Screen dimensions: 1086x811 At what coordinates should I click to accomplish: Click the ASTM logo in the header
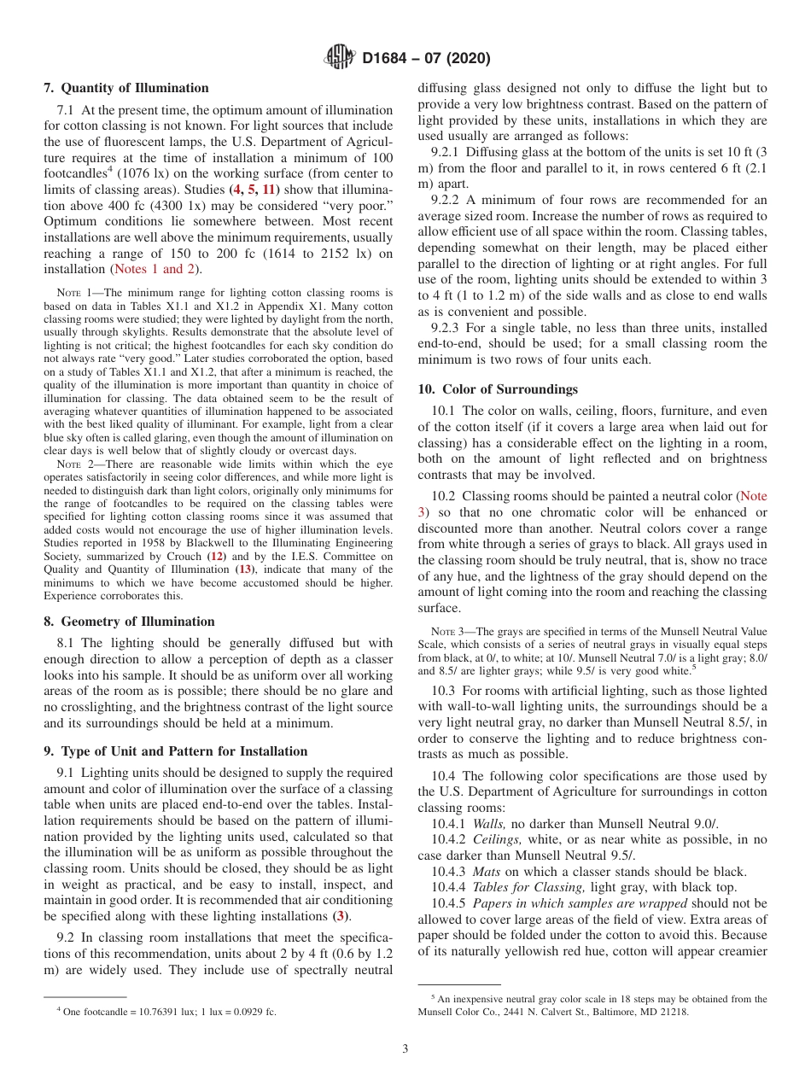click(x=341, y=58)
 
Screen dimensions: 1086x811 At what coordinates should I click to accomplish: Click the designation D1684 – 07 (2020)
click(x=426, y=59)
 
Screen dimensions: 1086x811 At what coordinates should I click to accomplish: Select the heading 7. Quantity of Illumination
click(x=125, y=88)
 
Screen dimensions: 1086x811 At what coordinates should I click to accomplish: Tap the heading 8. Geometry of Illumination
click(x=129, y=622)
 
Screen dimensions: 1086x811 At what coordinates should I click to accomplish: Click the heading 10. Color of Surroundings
click(x=498, y=389)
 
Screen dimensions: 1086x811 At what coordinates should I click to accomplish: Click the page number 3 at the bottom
click(x=405, y=1048)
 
